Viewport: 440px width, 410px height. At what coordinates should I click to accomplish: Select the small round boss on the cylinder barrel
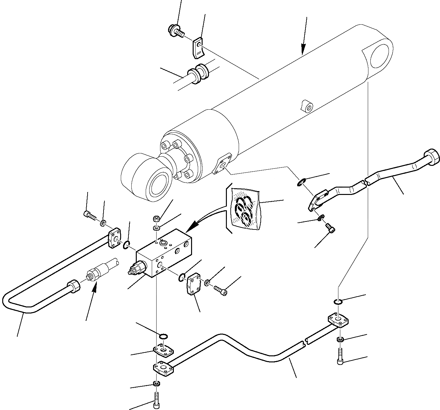click(x=307, y=107)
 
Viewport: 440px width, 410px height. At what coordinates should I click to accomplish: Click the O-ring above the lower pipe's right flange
click(x=338, y=301)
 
